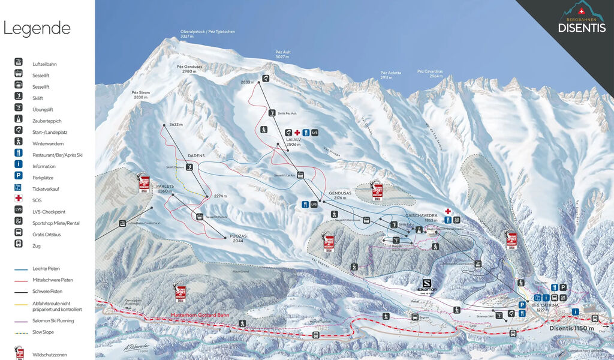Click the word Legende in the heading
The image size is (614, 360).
click(x=37, y=28)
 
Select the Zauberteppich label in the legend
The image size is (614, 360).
click(x=47, y=121)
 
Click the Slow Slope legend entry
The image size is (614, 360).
click(x=44, y=332)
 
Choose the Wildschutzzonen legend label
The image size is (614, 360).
click(x=50, y=355)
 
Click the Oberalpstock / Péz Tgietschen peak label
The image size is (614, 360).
click(x=208, y=34)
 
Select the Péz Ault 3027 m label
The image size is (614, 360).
click(x=283, y=55)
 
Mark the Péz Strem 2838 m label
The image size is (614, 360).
click(x=140, y=95)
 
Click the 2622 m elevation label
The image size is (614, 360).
click(x=175, y=124)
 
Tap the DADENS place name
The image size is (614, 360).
click(x=195, y=155)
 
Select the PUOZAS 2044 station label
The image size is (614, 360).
click(x=238, y=238)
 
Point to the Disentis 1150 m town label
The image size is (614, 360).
click(x=571, y=328)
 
